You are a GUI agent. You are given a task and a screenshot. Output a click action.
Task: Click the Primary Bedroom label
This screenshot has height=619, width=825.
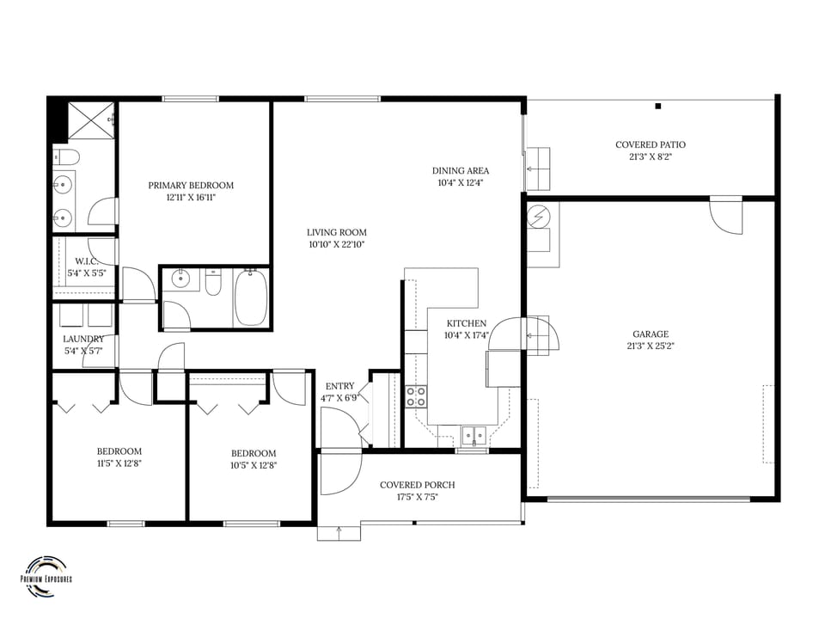click(191, 185)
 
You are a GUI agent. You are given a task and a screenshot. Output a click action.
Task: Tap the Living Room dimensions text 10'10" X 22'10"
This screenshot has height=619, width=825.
click(337, 245)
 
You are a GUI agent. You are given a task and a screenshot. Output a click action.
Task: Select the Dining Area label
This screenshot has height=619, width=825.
click(461, 170)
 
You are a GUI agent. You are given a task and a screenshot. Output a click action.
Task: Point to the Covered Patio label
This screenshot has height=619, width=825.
click(651, 144)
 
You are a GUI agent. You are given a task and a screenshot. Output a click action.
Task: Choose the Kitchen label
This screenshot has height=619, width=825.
click(466, 323)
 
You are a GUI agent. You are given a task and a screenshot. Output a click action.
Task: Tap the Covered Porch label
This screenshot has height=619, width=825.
click(418, 485)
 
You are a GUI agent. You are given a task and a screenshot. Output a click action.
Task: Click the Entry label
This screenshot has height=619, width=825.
click(339, 386)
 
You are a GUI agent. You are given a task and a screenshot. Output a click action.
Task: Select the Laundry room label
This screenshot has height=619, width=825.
click(83, 339)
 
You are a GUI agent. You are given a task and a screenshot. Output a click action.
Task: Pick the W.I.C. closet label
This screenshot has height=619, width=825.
click(85, 261)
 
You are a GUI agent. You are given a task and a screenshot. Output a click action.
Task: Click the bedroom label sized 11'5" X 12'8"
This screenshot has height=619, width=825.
click(119, 451)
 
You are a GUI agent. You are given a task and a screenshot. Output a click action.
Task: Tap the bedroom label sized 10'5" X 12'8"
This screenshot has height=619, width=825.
click(254, 454)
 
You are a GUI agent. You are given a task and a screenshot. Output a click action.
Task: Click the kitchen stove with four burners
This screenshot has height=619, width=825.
click(416, 396)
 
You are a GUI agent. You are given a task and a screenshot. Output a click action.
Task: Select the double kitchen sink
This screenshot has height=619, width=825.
click(473, 433)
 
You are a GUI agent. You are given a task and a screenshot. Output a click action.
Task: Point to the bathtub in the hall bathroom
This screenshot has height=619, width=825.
click(251, 297)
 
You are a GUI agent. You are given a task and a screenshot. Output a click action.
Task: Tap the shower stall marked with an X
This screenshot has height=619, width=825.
click(91, 120)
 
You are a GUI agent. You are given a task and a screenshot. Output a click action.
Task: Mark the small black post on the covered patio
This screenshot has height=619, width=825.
click(658, 107)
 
